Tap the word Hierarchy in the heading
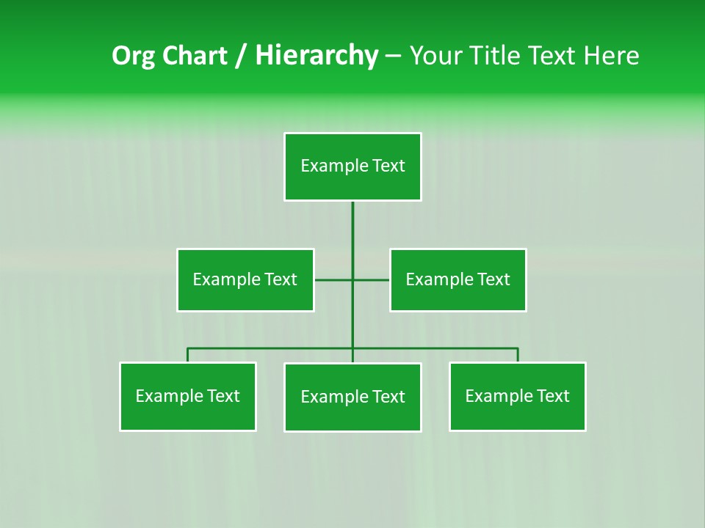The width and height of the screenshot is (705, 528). click(x=317, y=56)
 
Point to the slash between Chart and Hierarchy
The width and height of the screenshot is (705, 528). click(x=242, y=56)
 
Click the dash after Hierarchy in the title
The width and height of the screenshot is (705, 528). click(x=393, y=56)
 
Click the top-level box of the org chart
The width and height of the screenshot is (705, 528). click(x=352, y=166)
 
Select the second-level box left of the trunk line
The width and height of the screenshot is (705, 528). click(x=245, y=279)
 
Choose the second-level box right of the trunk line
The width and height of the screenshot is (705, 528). click(x=458, y=279)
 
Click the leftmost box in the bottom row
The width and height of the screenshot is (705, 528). click(x=188, y=396)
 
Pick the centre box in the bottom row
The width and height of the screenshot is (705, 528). click(x=352, y=397)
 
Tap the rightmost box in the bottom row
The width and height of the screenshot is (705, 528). click(x=518, y=396)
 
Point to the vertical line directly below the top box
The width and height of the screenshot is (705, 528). click(x=352, y=227)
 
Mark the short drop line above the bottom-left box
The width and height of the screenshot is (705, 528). click(x=188, y=355)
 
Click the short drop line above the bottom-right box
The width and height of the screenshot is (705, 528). click(x=518, y=355)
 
